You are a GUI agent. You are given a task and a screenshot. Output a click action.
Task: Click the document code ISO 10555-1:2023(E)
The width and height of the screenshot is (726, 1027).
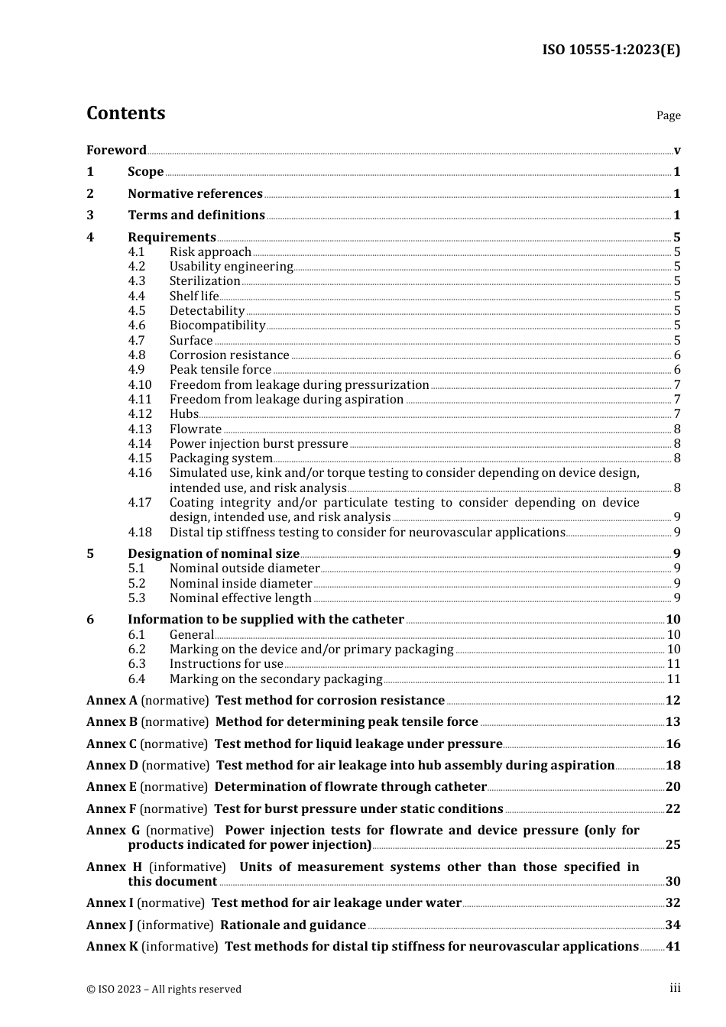click(611, 50)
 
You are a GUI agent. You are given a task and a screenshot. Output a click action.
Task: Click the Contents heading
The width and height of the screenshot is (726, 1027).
click(125, 113)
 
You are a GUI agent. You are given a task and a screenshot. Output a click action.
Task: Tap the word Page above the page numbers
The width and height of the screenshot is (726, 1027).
click(668, 115)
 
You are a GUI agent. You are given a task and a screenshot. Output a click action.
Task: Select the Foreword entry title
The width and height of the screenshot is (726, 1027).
click(116, 151)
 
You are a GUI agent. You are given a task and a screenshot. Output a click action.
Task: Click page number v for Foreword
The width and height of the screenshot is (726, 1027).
click(677, 151)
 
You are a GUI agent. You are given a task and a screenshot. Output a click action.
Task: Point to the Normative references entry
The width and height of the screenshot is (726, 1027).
click(195, 194)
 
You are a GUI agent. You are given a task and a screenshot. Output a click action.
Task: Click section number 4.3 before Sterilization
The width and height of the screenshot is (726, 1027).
click(137, 281)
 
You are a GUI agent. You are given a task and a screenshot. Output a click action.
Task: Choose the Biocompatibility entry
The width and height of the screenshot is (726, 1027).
click(217, 326)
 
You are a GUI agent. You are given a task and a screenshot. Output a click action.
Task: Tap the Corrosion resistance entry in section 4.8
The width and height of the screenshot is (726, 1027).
click(229, 355)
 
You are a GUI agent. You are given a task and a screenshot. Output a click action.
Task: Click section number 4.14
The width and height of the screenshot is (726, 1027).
click(140, 444)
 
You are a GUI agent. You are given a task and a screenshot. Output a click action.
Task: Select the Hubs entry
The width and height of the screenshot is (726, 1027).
click(184, 414)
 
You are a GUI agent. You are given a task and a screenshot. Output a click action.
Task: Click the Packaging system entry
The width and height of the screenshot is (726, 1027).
click(221, 458)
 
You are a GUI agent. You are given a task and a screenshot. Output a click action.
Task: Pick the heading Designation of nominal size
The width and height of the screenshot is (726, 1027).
click(213, 554)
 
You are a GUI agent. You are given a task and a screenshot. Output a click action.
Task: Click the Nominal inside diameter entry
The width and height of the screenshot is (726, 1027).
click(241, 584)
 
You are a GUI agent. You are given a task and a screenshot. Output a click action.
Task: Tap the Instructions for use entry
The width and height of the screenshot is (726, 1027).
click(226, 664)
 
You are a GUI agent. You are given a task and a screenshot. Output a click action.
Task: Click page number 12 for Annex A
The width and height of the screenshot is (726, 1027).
click(673, 701)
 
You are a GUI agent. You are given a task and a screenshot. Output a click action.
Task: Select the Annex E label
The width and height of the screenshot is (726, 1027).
click(112, 787)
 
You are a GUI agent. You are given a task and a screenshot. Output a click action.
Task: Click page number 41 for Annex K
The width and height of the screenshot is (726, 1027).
click(673, 947)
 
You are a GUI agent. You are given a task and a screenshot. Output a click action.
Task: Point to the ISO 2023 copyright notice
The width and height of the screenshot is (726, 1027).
click(164, 989)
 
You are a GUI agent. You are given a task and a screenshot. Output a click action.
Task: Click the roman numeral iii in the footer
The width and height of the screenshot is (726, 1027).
click(675, 988)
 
